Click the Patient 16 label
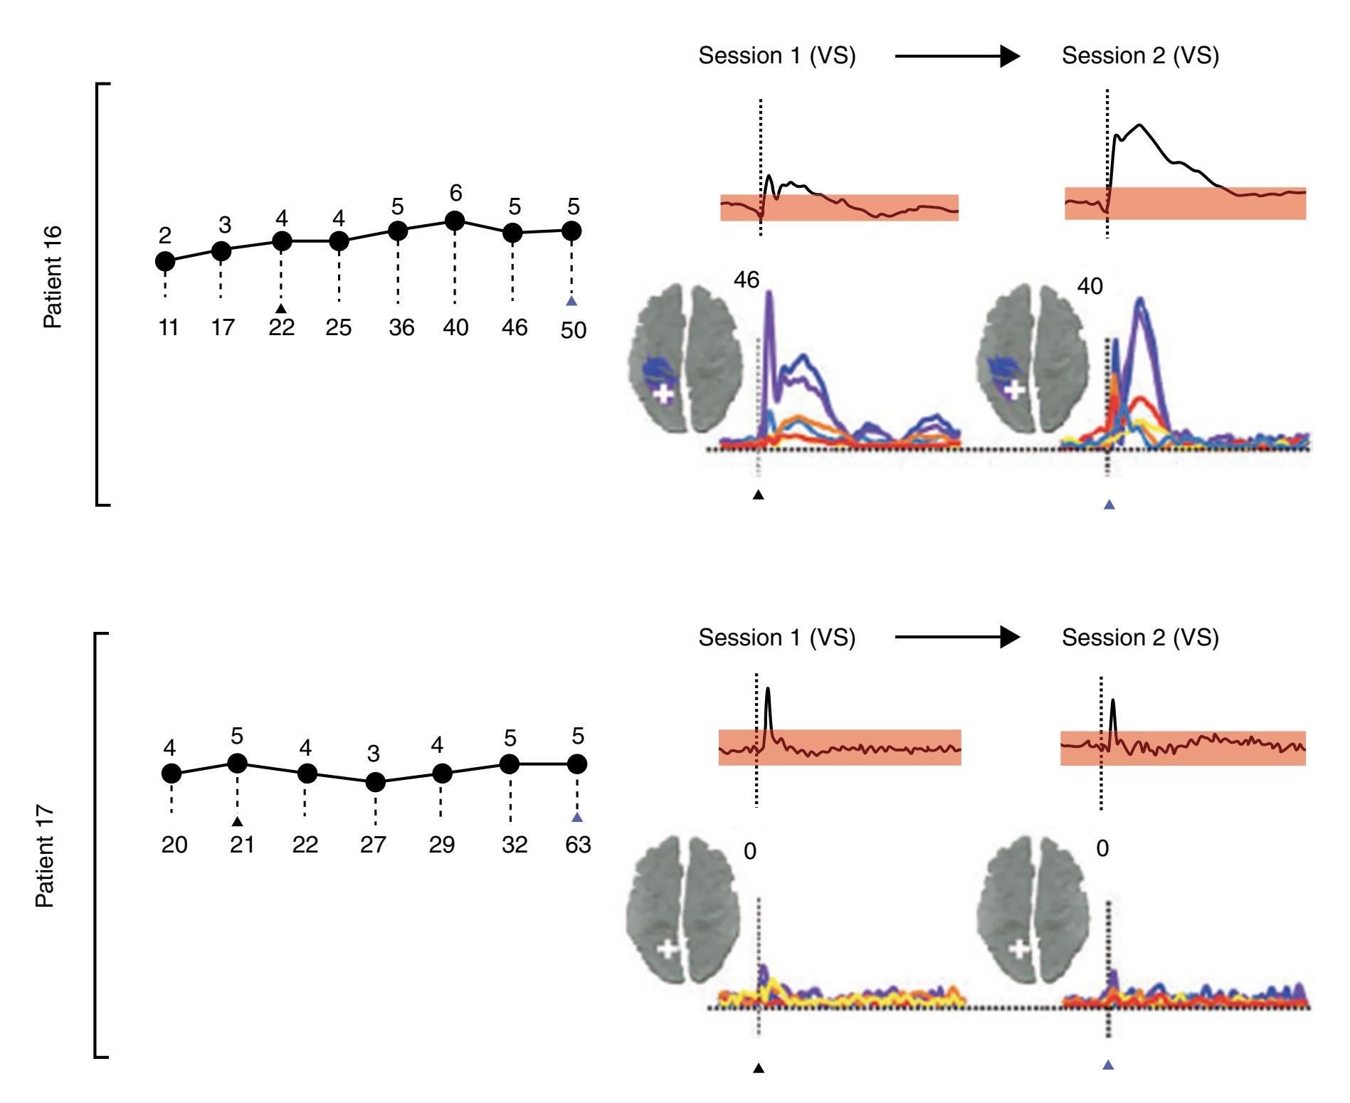(x=53, y=277)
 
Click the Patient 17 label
(x=45, y=856)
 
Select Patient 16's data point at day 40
(x=454, y=222)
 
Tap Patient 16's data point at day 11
(x=165, y=261)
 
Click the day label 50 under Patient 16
(x=573, y=330)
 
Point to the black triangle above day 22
(x=281, y=308)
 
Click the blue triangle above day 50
(x=571, y=302)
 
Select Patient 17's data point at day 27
(x=375, y=783)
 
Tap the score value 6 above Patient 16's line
(x=455, y=193)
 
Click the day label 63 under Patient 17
(x=578, y=845)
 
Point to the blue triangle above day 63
(x=577, y=817)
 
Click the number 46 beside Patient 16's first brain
(x=747, y=280)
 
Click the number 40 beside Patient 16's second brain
(x=1090, y=286)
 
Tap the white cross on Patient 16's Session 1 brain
(x=663, y=394)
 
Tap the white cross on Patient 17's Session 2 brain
(x=1020, y=949)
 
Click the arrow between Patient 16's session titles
(x=957, y=56)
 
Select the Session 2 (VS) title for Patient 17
(x=1140, y=638)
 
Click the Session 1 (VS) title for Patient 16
(x=776, y=56)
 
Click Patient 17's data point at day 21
(x=237, y=763)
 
